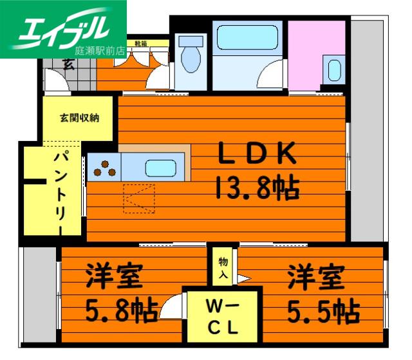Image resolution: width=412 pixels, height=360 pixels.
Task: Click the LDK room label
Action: pos(257,153)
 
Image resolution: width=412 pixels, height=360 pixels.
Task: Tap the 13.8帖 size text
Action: pos(257,187)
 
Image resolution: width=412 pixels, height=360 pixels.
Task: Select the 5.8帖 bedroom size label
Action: pos(122,310)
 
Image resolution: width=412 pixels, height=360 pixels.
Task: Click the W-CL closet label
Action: pos(223,316)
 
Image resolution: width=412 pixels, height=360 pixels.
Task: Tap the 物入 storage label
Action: pos(223,268)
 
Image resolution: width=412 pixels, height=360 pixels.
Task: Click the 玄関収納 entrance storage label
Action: pos(79,118)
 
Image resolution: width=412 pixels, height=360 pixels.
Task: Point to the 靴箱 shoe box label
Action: pos(140,44)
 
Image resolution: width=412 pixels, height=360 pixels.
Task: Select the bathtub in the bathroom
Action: pos(247,37)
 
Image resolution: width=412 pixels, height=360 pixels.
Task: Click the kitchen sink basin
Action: pos(161,168)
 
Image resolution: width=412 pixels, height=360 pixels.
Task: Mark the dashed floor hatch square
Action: pos(139,198)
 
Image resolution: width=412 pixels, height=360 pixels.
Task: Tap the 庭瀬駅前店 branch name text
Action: pos(100,51)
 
